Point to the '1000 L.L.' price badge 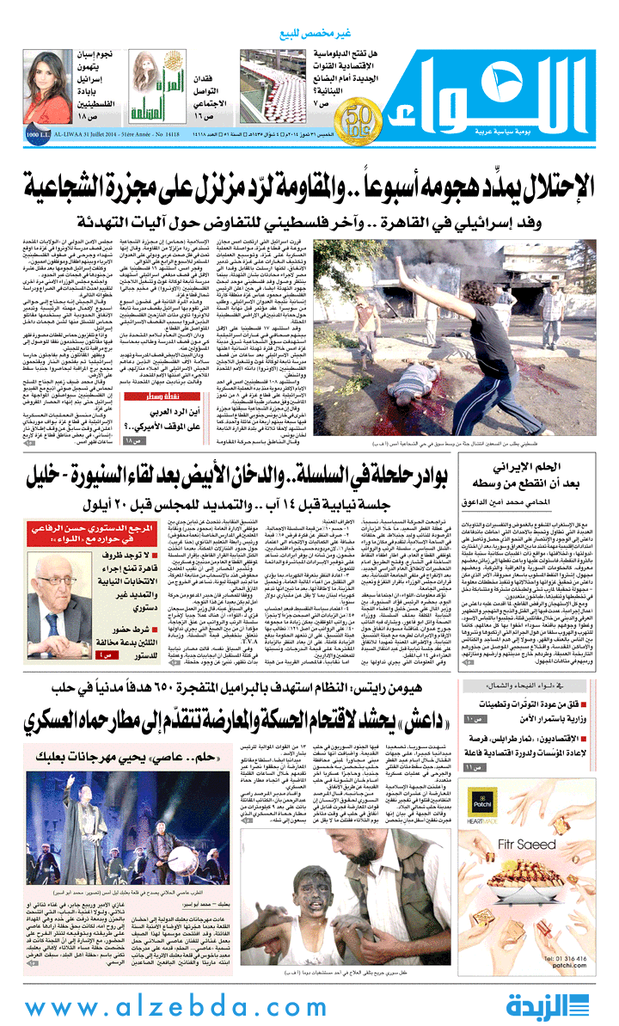pyautogui.click(x=13, y=134)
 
